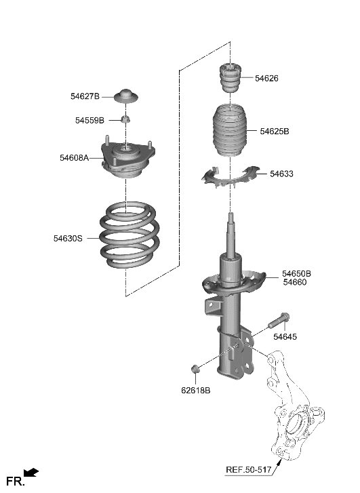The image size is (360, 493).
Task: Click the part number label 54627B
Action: coord(85,96)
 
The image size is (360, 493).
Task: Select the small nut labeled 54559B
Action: coord(125,120)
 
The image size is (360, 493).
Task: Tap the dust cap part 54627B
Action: coord(126,96)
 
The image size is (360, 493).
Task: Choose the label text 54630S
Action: coord(68,238)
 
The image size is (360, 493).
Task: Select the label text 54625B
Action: coord(275,131)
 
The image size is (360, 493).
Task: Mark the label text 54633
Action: coord(281,174)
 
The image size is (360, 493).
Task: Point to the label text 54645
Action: coord(285,337)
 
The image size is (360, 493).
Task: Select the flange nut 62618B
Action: coord(195,369)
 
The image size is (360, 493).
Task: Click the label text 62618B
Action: coord(195,391)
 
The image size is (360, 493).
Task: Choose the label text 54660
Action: coord(295,282)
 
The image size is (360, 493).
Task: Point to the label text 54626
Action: coord(266,79)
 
